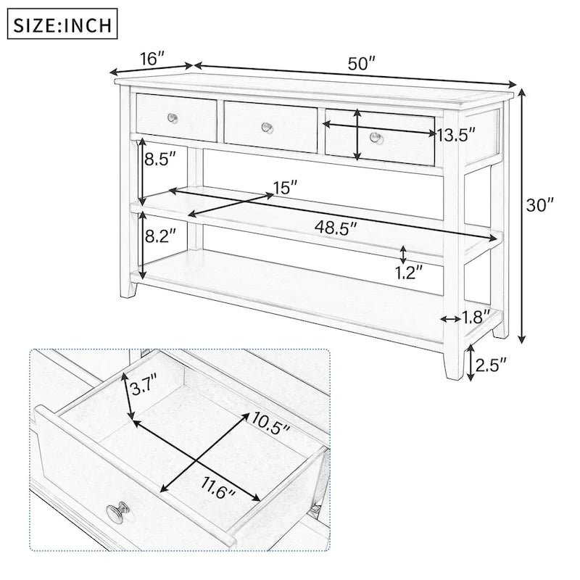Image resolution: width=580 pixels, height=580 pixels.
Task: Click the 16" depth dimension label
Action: pyautogui.click(x=149, y=58)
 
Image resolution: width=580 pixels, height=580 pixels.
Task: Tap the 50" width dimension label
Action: pyautogui.click(x=361, y=64)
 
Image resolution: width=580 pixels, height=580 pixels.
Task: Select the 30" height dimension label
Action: pyautogui.click(x=539, y=205)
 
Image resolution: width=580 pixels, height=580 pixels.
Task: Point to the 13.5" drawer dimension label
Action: pyautogui.click(x=456, y=134)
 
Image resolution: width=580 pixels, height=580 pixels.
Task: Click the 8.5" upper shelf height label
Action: pyautogui.click(x=160, y=159)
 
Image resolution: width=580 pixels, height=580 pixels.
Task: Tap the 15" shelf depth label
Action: pyautogui.click(x=285, y=187)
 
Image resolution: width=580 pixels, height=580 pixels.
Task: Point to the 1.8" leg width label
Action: pyautogui.click(x=477, y=316)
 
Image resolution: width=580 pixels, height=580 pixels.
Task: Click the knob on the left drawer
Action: pyautogui.click(x=172, y=118)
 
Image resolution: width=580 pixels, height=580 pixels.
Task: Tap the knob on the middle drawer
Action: pyautogui.click(x=267, y=128)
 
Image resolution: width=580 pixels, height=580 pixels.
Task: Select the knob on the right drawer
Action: pyautogui.click(x=374, y=137)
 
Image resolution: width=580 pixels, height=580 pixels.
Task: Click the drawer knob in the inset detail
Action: pyautogui.click(x=116, y=515)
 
